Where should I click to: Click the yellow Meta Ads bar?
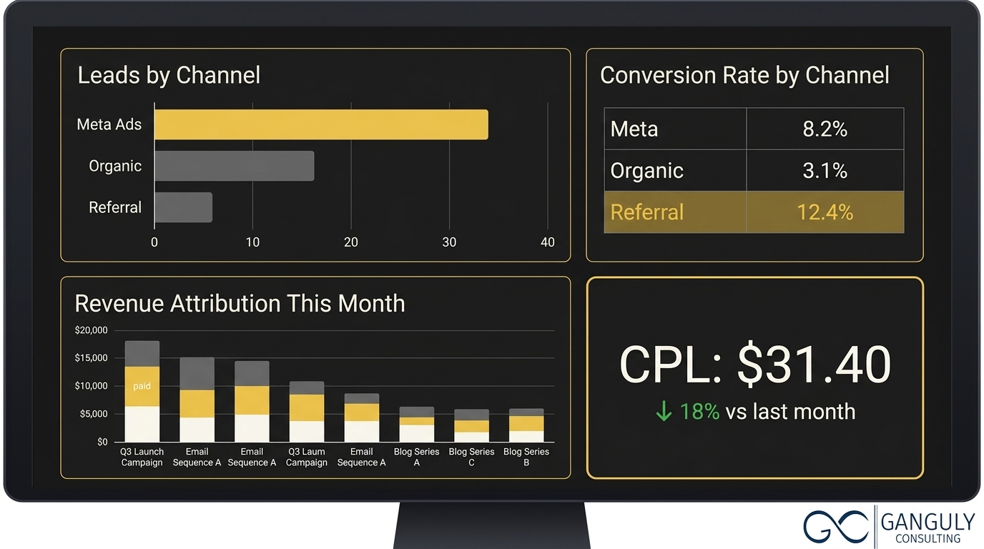pyautogui.click(x=321, y=124)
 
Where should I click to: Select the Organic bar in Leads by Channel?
pyautogui.click(x=234, y=166)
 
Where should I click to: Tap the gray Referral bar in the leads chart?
pyautogui.click(x=183, y=207)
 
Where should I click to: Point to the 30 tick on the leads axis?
pyautogui.click(x=449, y=242)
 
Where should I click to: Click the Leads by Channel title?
pyautogui.click(x=169, y=76)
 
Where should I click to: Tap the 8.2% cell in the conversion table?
pyautogui.click(x=825, y=129)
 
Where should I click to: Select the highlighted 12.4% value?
pyautogui.click(x=825, y=212)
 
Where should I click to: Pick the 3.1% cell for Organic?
pyautogui.click(x=825, y=171)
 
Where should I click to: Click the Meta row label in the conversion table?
pyautogui.click(x=634, y=129)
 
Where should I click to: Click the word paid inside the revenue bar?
pyautogui.click(x=142, y=386)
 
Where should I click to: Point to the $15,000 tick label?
pyautogui.click(x=91, y=358)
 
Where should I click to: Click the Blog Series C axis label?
pyautogui.click(x=471, y=457)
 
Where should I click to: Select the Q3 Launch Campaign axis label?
pyautogui.click(x=142, y=457)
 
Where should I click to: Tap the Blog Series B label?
pyautogui.click(x=526, y=457)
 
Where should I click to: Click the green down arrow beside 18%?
pyautogui.click(x=664, y=412)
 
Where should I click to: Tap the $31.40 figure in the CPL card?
pyautogui.click(x=814, y=364)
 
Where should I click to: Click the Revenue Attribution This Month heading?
pyautogui.click(x=240, y=304)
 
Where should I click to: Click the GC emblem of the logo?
pyautogui.click(x=837, y=528)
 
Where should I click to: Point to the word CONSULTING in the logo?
pyautogui.click(x=928, y=538)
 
